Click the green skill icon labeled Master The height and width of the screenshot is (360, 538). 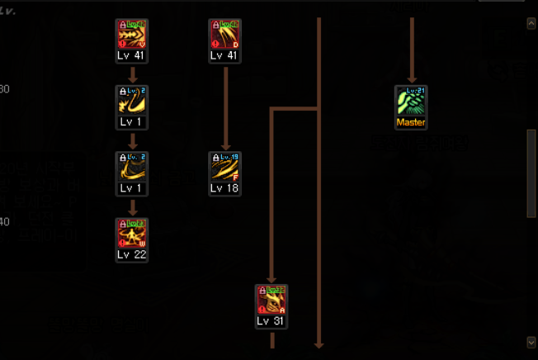coord(411,102)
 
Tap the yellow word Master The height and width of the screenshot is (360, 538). coord(411,122)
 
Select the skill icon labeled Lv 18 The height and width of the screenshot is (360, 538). coord(224,168)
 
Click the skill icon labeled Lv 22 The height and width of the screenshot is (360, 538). coord(132,234)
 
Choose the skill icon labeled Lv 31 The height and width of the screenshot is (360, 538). coord(271,301)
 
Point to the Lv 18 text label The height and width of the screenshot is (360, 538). coord(224,188)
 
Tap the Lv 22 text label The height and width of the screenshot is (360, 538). coord(132,254)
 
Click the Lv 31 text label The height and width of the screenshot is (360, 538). coord(271,321)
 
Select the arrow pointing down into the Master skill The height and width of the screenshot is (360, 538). coord(411,76)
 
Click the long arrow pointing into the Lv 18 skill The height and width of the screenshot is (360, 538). coord(224,107)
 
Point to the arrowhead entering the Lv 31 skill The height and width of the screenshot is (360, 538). coord(271,279)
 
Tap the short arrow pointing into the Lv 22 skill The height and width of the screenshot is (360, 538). coord(132,209)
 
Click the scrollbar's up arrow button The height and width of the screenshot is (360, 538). coord(531,24)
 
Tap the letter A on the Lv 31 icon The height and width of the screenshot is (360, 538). coord(282,310)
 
